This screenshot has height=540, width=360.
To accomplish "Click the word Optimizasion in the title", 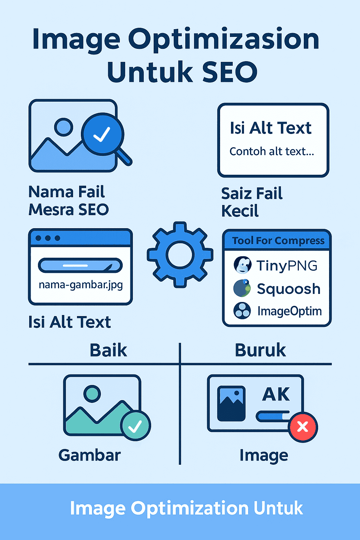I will [x=224, y=40].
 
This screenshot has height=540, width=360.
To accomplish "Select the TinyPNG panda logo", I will [x=243, y=265].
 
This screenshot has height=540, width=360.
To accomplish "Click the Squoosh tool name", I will [x=288, y=289].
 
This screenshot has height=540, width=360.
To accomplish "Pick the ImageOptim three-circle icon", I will [x=242, y=311].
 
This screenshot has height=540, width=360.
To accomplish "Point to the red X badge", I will [x=303, y=427].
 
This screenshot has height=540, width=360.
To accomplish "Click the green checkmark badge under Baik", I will [x=135, y=425].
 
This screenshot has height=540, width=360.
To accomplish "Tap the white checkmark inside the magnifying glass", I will [x=102, y=134].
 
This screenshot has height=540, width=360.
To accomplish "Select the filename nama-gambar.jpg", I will [x=81, y=284].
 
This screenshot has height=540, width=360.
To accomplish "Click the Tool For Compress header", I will [x=278, y=241].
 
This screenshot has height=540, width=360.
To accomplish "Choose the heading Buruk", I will [x=260, y=350].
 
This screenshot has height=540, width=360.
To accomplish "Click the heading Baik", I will [x=108, y=350].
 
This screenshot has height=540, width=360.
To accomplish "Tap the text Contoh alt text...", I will [x=271, y=152].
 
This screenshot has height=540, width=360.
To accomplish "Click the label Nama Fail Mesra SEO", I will [x=68, y=201].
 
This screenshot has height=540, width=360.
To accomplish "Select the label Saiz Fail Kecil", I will [x=252, y=202].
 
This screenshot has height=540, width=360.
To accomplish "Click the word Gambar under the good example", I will [x=90, y=455].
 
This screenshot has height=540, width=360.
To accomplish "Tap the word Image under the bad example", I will [x=264, y=456].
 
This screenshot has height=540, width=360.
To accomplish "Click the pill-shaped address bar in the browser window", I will [x=80, y=265].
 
